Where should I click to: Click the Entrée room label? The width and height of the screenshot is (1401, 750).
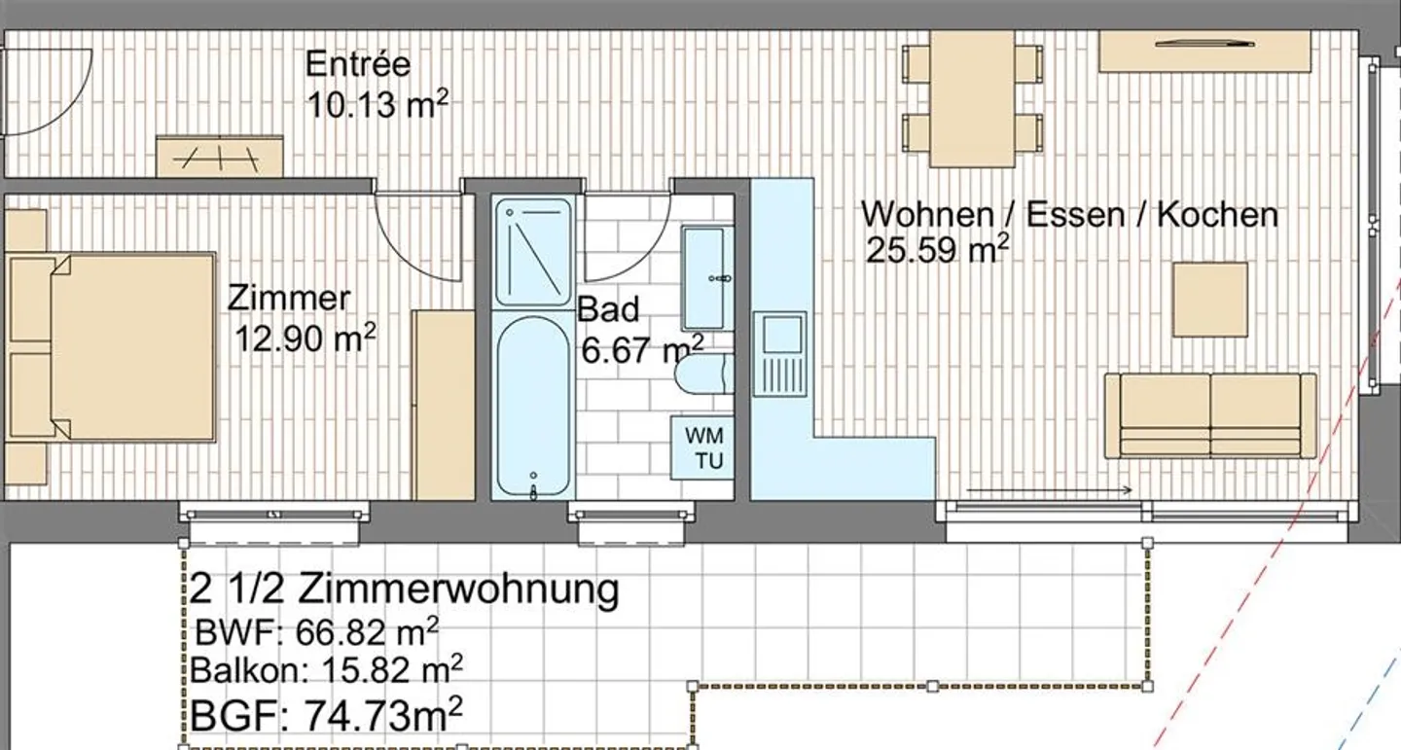tap(358, 65)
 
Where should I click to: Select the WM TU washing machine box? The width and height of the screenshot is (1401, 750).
tap(702, 446)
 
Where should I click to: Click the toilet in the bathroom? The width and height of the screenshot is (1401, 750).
tap(703, 375)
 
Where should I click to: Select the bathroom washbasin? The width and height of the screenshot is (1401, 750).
tap(703, 277)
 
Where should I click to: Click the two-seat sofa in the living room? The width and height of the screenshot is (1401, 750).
tap(1210, 415)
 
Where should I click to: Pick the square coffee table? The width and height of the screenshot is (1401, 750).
tap(1209, 299)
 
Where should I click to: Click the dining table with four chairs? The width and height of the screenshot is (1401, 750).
tap(973, 98)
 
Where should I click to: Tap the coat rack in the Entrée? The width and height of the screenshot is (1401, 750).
tap(220, 156)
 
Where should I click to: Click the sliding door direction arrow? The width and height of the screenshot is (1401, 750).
tap(1049, 490)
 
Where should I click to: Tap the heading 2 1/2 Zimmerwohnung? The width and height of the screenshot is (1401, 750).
tap(405, 589)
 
